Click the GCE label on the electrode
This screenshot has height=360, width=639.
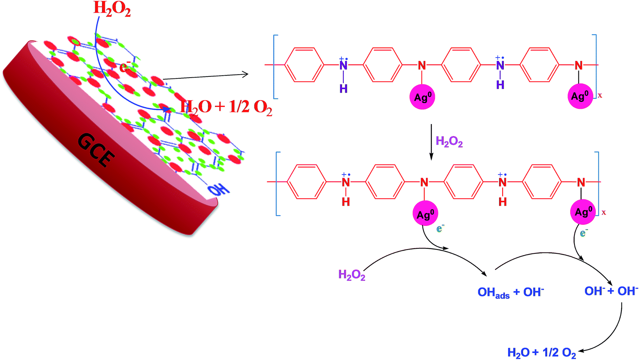pyautogui.click(x=96, y=150)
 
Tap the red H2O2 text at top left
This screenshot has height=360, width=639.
pyautogui.click(x=112, y=8)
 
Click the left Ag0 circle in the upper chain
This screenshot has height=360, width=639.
pyautogui.click(x=422, y=97)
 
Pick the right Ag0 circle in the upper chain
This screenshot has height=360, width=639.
pyautogui.click(x=580, y=96)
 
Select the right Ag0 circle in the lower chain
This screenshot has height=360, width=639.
pyautogui.click(x=583, y=212)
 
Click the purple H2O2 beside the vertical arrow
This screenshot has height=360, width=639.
pyautogui.click(x=449, y=142)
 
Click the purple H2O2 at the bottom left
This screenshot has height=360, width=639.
pyautogui.click(x=352, y=275)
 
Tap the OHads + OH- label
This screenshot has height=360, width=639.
pyautogui.click(x=510, y=292)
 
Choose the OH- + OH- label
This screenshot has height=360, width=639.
pyautogui.click(x=611, y=291)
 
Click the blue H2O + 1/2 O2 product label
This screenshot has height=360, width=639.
pyautogui.click(x=541, y=352)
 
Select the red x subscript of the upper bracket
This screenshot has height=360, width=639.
pyautogui.click(x=600, y=95)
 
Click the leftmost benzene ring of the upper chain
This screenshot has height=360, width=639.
pyautogui.click(x=304, y=65)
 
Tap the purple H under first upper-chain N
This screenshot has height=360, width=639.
pyautogui.click(x=343, y=89)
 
